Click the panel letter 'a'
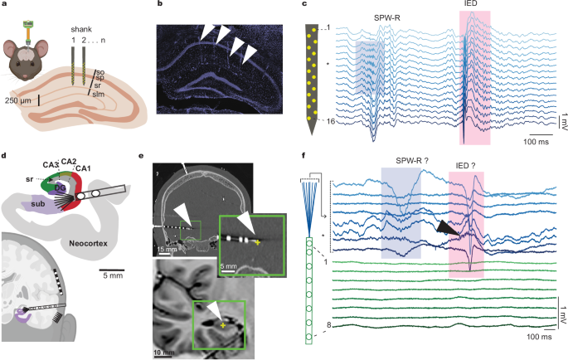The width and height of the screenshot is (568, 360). pyautogui.click(x=4, y=5)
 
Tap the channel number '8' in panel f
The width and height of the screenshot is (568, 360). pyautogui.click(x=328, y=325)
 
